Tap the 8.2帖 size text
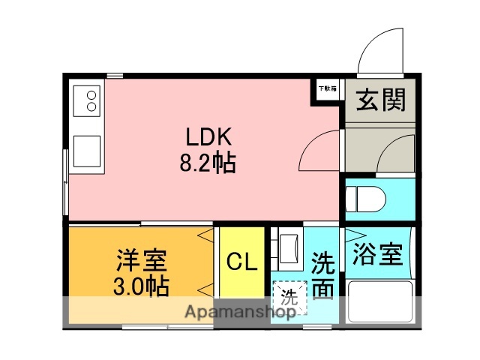207,163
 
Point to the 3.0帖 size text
141,285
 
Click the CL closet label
242,262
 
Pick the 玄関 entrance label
380,99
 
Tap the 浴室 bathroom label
377,254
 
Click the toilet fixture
366,199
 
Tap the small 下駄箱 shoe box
327,88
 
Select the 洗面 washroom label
322,276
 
